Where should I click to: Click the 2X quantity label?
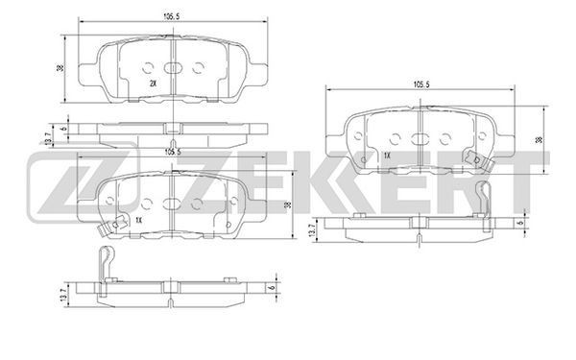154,84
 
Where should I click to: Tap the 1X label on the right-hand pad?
387,156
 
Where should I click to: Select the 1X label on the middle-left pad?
138,221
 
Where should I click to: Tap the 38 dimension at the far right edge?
539,139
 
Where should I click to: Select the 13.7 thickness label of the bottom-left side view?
65,295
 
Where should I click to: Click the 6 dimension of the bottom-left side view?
272,288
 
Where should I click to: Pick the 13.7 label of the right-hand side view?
313,230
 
